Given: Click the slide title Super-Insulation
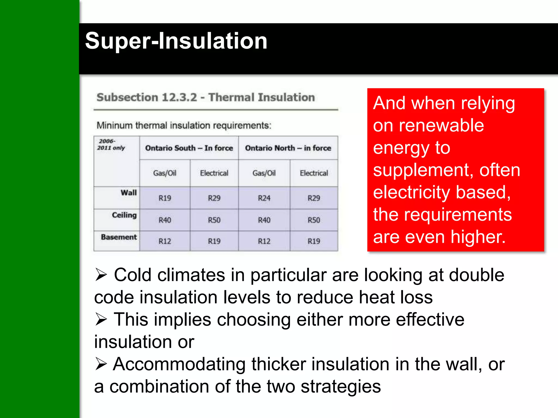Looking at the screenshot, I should point(176,41).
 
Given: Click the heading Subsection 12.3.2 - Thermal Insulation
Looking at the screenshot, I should point(206,97).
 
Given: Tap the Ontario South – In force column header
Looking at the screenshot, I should point(189,148).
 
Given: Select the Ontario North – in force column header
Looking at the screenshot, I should point(288,148).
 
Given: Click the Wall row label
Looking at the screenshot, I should point(128,193).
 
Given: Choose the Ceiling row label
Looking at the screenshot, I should point(124,215).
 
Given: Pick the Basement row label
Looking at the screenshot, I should point(119,237).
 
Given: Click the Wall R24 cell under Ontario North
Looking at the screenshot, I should point(264,198).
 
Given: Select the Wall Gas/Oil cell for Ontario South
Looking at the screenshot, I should point(165,198).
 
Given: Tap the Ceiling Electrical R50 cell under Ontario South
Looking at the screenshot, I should point(214,220).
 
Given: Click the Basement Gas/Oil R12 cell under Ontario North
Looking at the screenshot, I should point(264,241).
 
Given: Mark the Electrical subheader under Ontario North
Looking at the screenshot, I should point(314,173).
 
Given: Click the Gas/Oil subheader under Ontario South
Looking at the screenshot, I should point(165,173).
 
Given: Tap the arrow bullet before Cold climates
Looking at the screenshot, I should point(101,275).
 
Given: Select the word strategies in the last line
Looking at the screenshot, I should point(341,386).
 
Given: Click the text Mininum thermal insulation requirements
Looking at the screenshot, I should point(184,125).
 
